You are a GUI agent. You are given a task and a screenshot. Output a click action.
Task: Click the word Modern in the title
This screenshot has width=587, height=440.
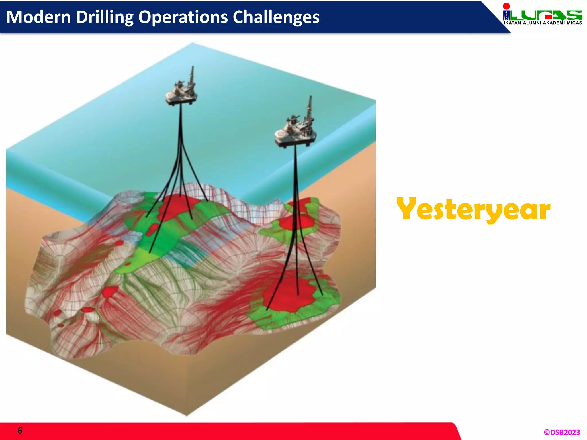tap(38, 17)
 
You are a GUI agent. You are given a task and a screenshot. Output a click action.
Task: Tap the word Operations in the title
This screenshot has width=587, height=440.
tap(183, 17)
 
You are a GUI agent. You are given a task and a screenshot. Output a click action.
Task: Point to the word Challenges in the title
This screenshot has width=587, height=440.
tap(276, 17)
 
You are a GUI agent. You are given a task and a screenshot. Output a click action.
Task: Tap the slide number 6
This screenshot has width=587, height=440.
tap(20, 430)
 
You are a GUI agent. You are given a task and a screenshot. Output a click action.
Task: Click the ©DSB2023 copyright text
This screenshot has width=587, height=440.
tap(561, 432)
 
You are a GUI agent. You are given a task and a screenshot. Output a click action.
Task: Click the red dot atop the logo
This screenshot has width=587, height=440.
tap(506, 6)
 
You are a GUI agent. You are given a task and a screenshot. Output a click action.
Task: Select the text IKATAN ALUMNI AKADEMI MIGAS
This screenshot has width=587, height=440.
tap(543, 23)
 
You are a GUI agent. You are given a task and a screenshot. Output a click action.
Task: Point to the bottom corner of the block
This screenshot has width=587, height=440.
tap(187, 415)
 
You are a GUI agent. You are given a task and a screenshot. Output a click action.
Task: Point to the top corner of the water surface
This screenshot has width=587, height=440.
tap(192, 43)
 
